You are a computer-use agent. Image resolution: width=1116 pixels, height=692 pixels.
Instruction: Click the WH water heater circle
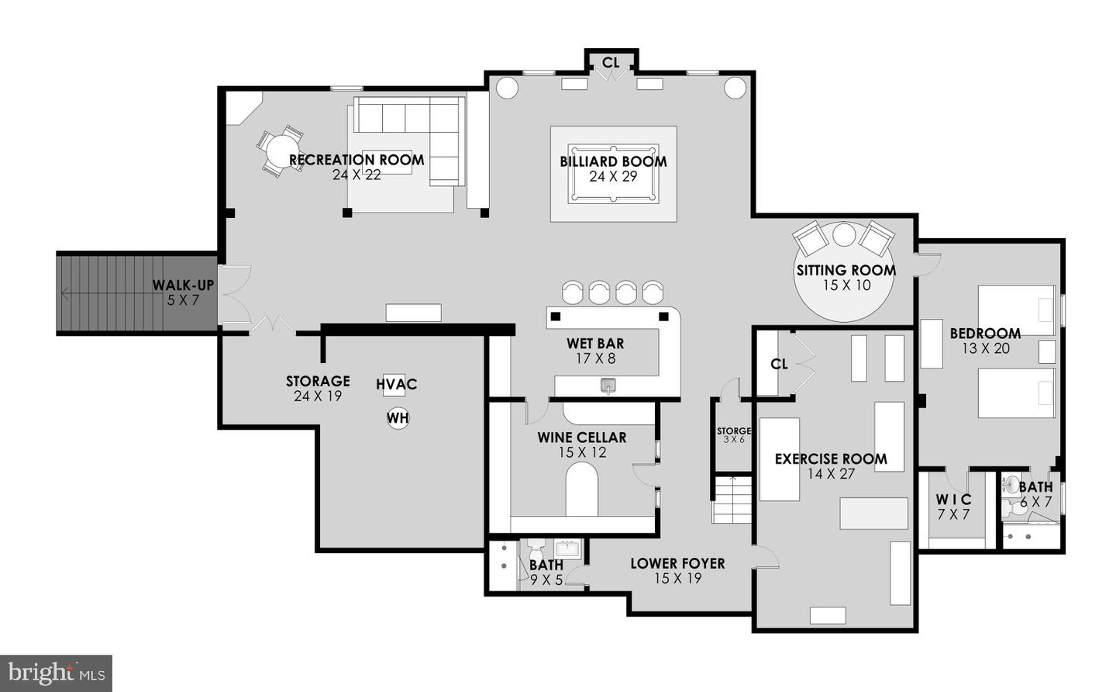tap(398, 418)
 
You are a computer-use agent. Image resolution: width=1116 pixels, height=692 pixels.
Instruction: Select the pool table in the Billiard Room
tap(613, 173)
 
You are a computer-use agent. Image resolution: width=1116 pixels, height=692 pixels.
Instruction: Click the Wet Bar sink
tap(609, 385)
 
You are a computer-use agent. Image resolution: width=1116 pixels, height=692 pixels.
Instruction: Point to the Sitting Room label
tap(846, 271)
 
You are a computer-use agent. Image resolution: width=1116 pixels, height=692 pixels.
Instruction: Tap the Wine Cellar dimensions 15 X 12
tap(582, 452)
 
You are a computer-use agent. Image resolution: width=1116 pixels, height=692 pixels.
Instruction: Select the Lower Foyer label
tap(677, 564)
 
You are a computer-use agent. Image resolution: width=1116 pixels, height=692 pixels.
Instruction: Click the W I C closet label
tap(953, 500)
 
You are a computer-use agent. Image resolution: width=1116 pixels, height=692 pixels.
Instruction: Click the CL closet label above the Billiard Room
tap(611, 62)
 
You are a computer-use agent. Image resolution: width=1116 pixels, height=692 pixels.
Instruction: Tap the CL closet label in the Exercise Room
tap(779, 364)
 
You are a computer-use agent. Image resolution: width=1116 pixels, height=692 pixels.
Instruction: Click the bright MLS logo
tap(56, 673)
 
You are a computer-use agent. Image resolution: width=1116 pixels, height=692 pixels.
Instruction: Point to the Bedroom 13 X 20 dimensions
tap(986, 349)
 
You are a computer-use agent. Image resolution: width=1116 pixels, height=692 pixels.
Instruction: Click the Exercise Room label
tap(831, 458)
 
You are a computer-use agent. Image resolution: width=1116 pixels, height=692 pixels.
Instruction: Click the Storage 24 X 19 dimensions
tap(318, 396)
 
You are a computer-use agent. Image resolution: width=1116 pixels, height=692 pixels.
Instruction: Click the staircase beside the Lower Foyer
tap(732, 500)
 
